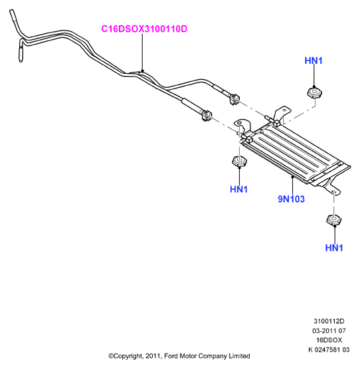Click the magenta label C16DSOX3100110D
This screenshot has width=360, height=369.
tap(144, 29)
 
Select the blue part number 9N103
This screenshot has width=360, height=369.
tap(291, 199)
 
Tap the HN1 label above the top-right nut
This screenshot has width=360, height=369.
tap(314, 61)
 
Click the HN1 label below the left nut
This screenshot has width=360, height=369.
tap(238, 189)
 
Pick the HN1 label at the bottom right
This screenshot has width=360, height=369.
tap(334, 248)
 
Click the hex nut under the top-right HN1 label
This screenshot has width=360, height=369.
tap(314, 92)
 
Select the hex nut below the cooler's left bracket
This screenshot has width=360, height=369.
tap(239, 161)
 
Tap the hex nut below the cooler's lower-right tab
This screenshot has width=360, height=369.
tap(334, 220)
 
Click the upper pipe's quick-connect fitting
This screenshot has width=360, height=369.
tap(234, 99)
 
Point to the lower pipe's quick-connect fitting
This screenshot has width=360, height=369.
tap(206, 115)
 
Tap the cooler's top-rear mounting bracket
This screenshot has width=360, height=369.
tap(283, 113)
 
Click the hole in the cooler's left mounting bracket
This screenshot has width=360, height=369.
tap(238, 123)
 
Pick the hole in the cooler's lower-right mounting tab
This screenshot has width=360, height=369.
tap(334, 192)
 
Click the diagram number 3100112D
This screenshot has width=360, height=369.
tap(329, 321)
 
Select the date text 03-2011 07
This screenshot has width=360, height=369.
tap(329, 330)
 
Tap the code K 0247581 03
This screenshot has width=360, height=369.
tap(329, 350)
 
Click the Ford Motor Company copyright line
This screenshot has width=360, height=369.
tap(179, 356)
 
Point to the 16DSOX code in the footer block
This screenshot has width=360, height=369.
tap(329, 340)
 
